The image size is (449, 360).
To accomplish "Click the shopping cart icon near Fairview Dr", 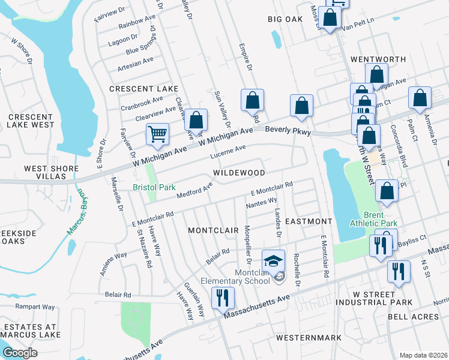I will coord(157,134).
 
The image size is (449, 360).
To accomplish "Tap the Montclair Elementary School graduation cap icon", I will coord(273,261).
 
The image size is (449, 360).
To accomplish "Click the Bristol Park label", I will coord(154,187).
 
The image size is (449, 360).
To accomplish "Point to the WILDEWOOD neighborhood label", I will coord(239,173).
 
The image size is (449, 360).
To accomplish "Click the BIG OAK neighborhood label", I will coord(285,19).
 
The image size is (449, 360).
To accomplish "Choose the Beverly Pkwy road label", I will coord(286,130).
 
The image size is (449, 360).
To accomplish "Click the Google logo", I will coord(20,353).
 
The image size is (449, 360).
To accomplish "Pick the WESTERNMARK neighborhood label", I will coord(309,338).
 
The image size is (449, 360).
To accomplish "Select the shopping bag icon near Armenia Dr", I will coord(420,98).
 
